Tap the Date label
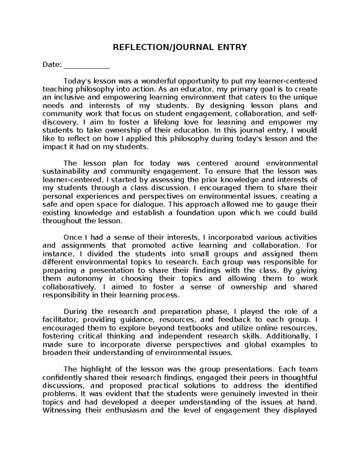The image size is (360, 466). click(x=52, y=65)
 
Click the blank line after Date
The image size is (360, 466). click(x=87, y=65)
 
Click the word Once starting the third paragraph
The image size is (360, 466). click(x=72, y=237)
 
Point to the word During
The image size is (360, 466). click(x=75, y=311)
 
